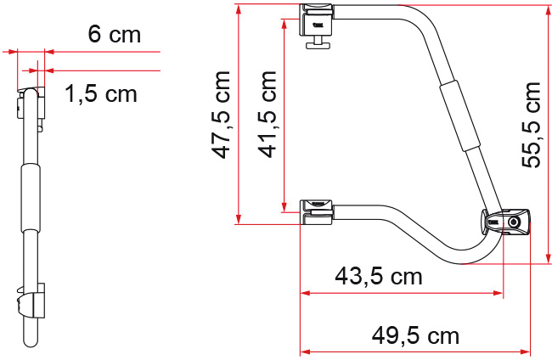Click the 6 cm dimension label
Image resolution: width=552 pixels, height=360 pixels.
[114, 35]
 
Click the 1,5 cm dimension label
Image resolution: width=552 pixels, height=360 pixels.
[101, 93]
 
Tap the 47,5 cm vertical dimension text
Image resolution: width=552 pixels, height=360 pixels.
[222, 115]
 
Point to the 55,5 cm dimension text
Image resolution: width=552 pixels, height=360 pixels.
[531, 125]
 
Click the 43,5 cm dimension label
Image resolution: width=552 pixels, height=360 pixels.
[379, 276]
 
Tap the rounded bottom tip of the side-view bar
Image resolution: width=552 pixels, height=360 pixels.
[31, 341]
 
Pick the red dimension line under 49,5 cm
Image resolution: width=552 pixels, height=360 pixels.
[416, 352]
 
